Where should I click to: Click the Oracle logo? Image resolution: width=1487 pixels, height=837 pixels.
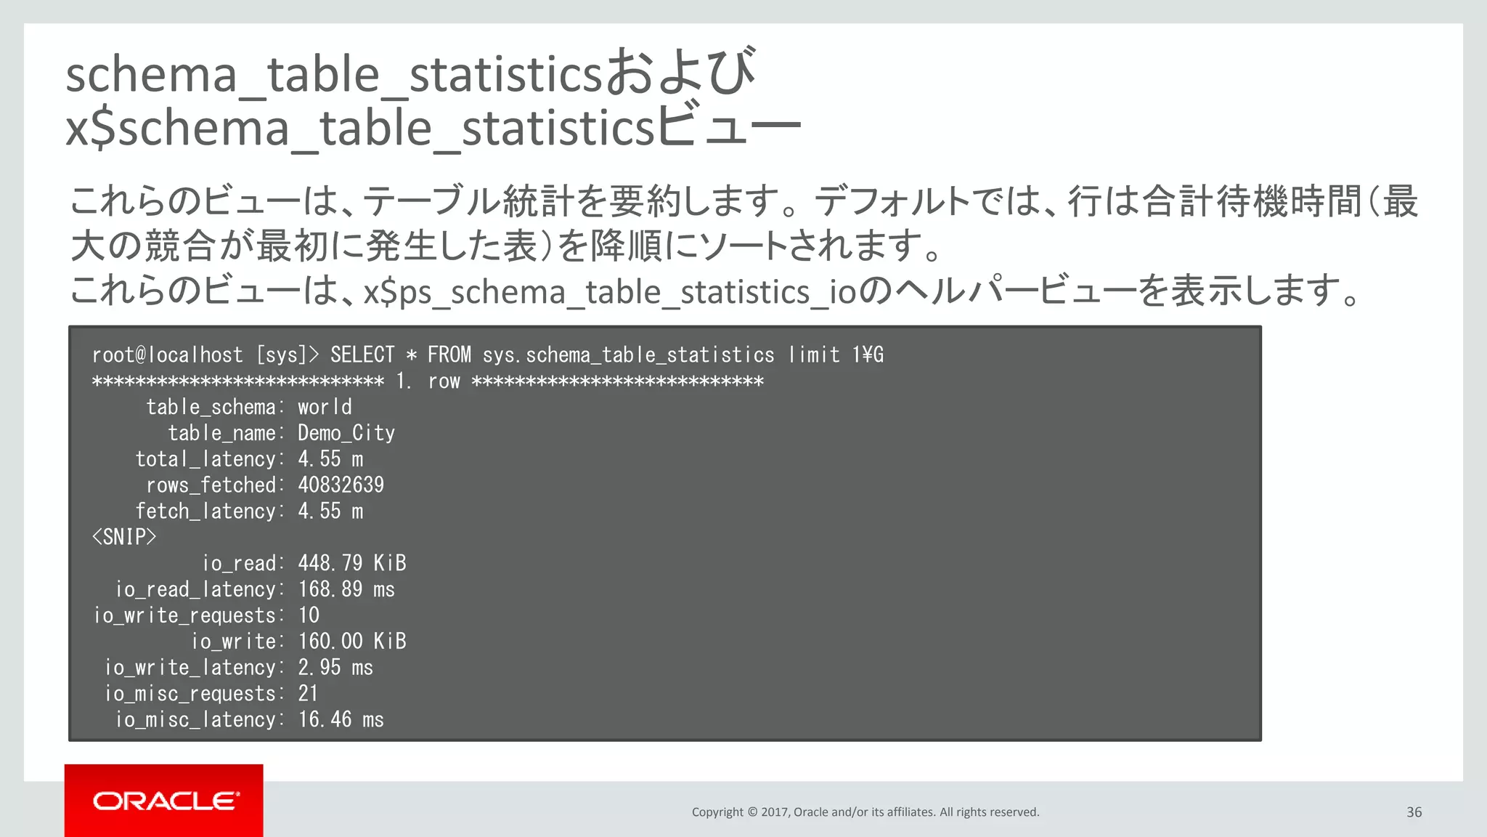[165, 801]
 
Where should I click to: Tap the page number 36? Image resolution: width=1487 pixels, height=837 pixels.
[1414, 812]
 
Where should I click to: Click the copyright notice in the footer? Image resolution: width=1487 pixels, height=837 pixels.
[865, 812]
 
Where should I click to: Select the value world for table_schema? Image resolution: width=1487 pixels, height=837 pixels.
[325, 407]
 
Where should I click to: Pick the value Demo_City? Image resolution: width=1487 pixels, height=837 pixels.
[346, 433]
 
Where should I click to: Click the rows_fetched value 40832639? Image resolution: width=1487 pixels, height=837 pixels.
[341, 485]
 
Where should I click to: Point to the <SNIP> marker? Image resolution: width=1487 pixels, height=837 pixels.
[124, 538]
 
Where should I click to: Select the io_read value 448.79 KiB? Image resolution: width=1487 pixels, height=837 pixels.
[351, 563]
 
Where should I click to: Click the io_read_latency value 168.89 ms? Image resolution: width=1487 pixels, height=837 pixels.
[346, 589]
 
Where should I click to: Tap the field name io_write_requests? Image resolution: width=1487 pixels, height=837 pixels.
[185, 615]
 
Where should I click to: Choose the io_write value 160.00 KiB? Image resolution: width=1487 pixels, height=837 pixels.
[351, 642]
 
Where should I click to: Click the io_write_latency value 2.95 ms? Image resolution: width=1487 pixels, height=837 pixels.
[335, 668]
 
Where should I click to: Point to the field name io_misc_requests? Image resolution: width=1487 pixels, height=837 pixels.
[190, 694]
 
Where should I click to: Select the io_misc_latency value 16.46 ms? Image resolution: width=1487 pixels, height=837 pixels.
[341, 720]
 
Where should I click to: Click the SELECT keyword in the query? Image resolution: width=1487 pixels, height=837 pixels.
[362, 355]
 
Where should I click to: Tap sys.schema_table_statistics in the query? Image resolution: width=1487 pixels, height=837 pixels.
[628, 355]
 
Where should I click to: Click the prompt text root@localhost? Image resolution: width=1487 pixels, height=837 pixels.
[167, 355]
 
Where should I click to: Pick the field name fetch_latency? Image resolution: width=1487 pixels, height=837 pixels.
[206, 511]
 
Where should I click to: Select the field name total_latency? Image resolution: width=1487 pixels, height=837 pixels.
[206, 459]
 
